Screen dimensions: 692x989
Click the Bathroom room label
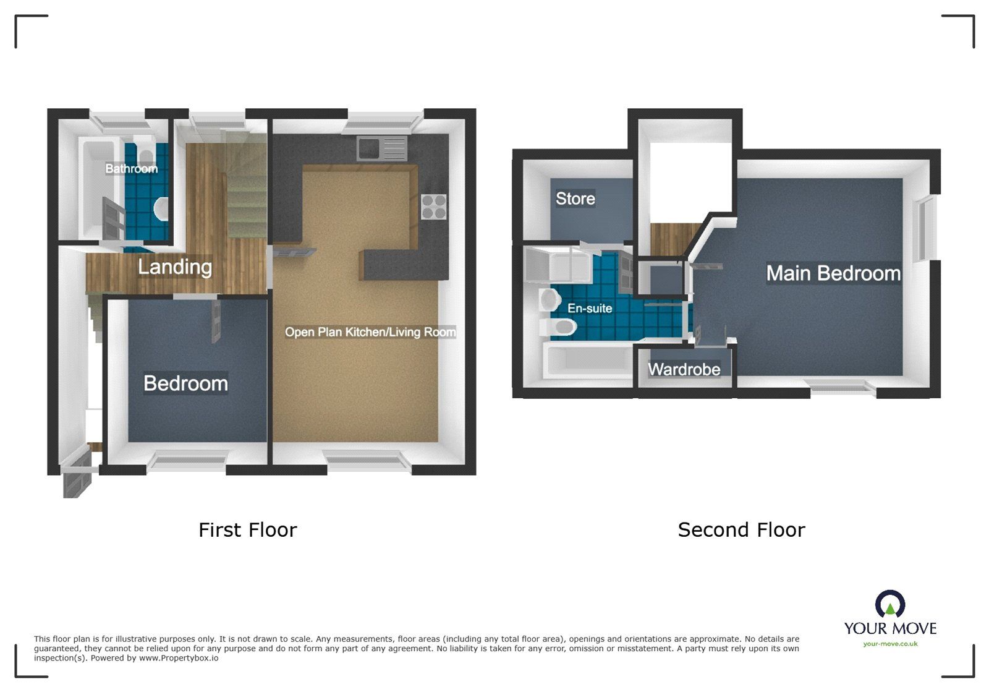pyautogui.click(x=131, y=169)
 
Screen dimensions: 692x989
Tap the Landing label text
pyautogui.click(x=175, y=267)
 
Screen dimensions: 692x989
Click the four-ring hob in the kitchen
pyautogui.click(x=433, y=207)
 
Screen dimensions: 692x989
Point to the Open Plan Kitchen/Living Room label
pyautogui.click(x=370, y=332)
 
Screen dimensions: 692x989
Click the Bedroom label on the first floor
pyautogui.click(x=185, y=383)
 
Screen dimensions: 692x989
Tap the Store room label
pyautogui.click(x=575, y=199)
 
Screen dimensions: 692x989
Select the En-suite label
pyautogui.click(x=590, y=308)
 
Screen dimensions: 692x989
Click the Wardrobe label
pyautogui.click(x=684, y=370)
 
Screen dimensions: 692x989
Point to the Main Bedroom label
pyautogui.click(x=833, y=273)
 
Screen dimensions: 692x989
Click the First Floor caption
pyautogui.click(x=247, y=530)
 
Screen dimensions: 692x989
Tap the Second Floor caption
pyautogui.click(x=741, y=530)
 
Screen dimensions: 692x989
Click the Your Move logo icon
pyautogui.click(x=889, y=604)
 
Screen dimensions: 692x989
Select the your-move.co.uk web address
pyautogui.click(x=890, y=644)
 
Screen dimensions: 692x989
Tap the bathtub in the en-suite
pyautogui.click(x=587, y=361)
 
